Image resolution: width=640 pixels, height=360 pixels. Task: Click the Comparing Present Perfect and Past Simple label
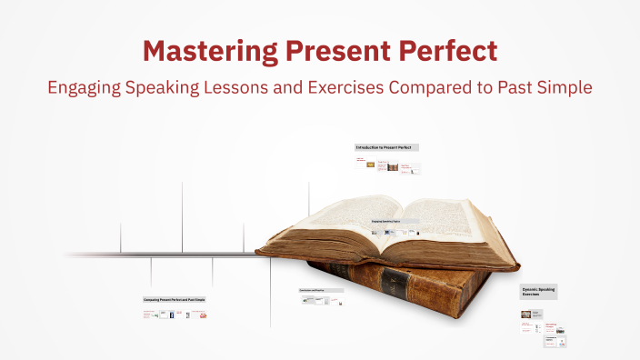[175, 299]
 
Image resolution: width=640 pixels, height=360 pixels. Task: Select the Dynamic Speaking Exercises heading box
[538, 292]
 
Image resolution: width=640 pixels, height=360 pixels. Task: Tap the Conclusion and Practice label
[321, 291]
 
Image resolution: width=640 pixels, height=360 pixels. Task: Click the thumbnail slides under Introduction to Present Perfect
[387, 165]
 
